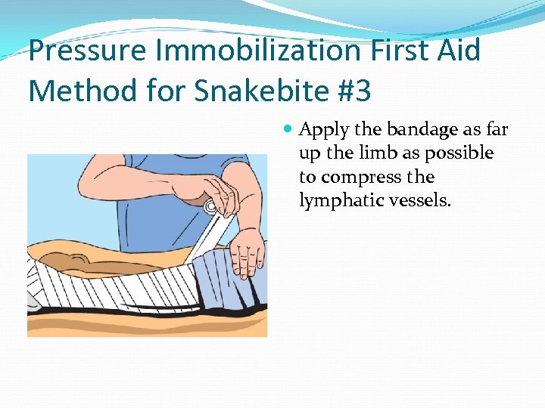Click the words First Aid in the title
tap(431, 51)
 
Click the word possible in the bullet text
tap(459, 153)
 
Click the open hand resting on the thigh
tap(247, 249)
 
